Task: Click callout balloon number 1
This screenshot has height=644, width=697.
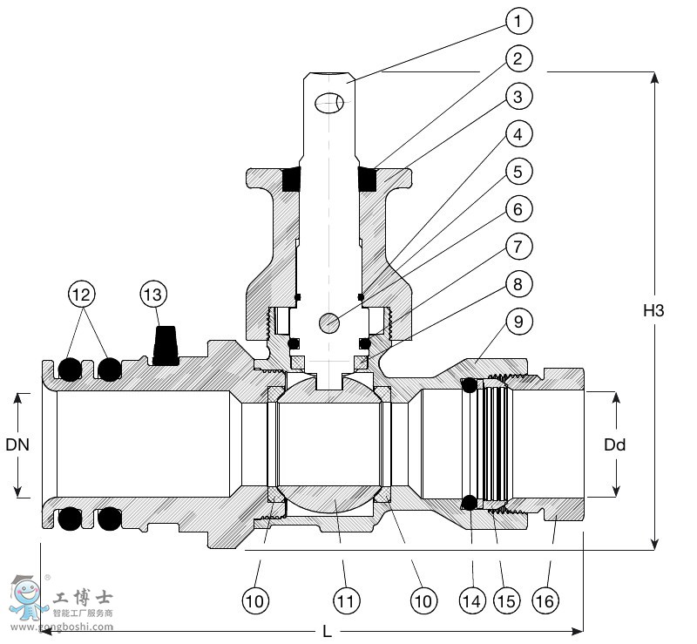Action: coord(518,21)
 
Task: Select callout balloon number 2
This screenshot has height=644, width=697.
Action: coord(518,59)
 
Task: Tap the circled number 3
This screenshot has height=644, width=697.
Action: coord(518,97)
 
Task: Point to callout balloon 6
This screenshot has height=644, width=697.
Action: coord(518,210)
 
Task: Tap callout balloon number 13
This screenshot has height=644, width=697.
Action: coord(152,295)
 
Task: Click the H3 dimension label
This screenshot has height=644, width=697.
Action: coord(654,310)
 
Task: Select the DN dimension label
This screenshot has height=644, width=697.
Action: coord(17,445)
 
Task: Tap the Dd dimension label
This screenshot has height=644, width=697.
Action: coord(615,445)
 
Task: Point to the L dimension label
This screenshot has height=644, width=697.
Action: coord(328,631)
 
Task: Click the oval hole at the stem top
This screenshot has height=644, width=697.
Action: coord(329,103)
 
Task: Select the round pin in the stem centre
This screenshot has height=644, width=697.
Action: coord(329,323)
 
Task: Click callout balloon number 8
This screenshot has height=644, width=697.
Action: coord(518,285)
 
